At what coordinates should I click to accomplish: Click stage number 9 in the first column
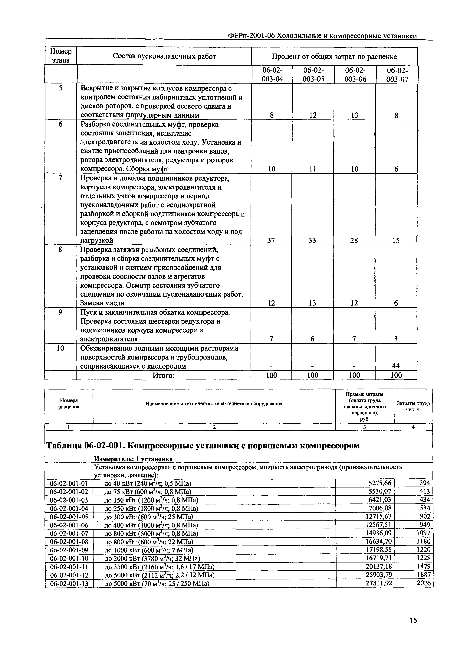[x=60, y=312]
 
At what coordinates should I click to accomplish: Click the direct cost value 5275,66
[x=379, y=483]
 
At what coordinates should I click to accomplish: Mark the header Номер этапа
[x=61, y=56]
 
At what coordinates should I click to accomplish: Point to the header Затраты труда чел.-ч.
[x=413, y=406]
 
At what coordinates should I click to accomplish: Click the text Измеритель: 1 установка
[x=133, y=459]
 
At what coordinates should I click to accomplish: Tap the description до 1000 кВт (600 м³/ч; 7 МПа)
[x=149, y=550]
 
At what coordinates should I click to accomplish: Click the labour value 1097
[x=423, y=533]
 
